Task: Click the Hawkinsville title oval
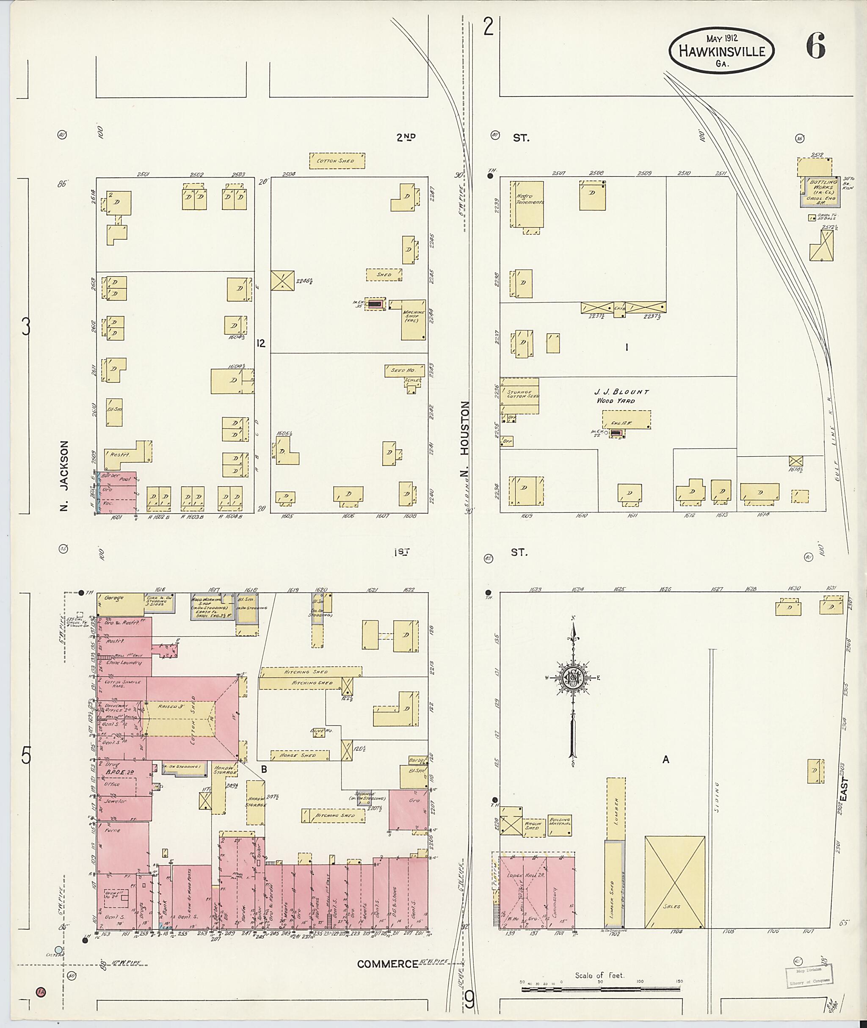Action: coord(721,51)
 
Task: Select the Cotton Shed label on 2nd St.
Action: coord(337,161)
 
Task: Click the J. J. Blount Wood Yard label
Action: coord(621,396)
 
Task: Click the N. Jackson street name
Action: coord(64,475)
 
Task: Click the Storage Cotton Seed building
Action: coord(519,396)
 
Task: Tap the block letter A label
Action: coord(665,760)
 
